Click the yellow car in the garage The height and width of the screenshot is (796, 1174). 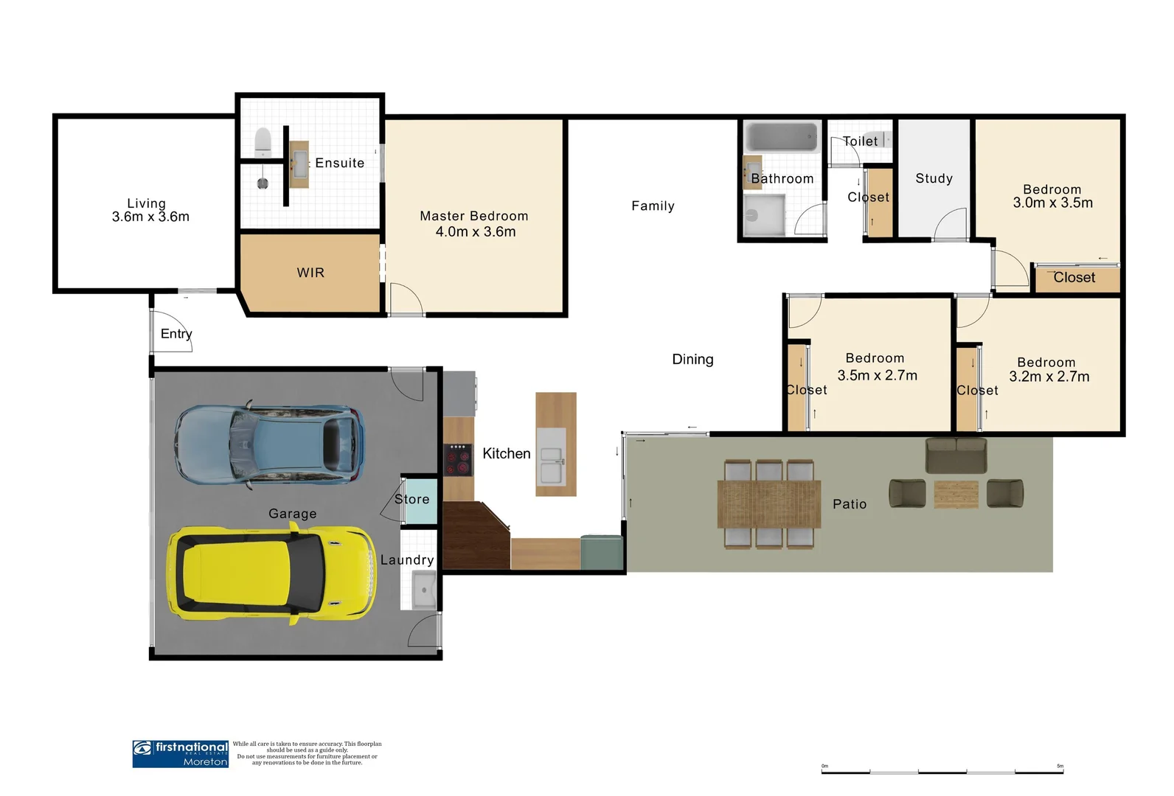pos(271,573)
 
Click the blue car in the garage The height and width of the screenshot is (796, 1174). pos(270,444)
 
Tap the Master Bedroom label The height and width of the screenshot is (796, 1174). pos(474,216)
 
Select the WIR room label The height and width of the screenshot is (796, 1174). pos(310,273)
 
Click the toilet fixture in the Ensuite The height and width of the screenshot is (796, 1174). pos(263,142)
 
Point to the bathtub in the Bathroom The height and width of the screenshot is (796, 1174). pos(782,137)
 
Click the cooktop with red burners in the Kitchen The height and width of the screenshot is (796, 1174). pos(458,458)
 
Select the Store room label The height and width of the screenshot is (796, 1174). pos(411,499)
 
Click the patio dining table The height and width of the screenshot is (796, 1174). pos(769,504)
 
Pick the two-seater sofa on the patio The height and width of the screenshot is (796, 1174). pos(956,455)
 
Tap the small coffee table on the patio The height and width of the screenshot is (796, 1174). pos(956,494)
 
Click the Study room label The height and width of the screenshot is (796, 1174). pos(934,178)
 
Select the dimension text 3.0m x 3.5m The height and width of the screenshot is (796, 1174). pos(1052,203)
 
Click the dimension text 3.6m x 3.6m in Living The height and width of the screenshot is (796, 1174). pos(150,217)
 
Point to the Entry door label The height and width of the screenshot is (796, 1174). pos(176,334)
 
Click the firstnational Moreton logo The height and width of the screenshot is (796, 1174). pos(180,754)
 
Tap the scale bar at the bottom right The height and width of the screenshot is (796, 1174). pos(942,771)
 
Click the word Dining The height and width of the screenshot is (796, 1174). pos(692,359)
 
